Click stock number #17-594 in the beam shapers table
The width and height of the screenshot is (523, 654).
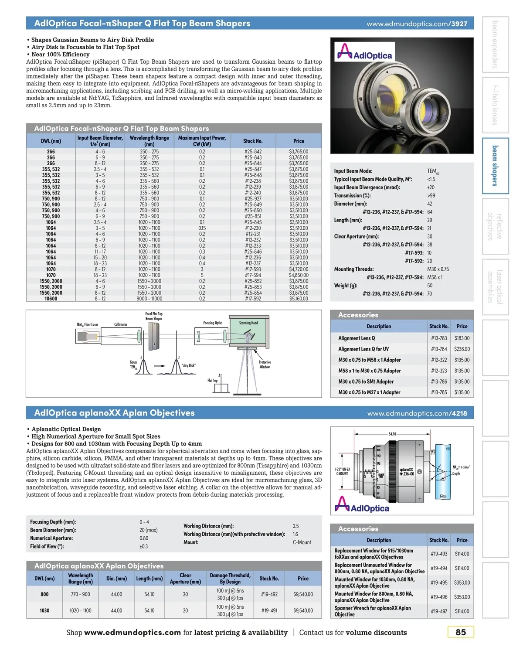click(x=253, y=275)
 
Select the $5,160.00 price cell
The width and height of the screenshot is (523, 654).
click(x=299, y=299)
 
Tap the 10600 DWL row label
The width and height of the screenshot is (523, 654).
click(x=51, y=299)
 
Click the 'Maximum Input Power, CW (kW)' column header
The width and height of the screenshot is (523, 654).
click(x=202, y=141)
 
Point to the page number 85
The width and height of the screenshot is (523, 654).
click(x=461, y=632)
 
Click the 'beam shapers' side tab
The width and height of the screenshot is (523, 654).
click(x=495, y=166)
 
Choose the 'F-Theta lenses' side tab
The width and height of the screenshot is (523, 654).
click(x=495, y=105)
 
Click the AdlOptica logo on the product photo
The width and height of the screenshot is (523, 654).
click(x=365, y=52)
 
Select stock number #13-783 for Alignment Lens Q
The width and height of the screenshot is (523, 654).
click(x=439, y=338)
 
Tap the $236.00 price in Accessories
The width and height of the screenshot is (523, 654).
click(x=462, y=349)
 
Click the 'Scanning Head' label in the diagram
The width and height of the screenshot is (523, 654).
click(x=248, y=323)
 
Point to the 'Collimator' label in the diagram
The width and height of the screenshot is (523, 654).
click(x=121, y=324)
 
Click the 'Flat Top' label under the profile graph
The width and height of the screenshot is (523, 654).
click(x=212, y=380)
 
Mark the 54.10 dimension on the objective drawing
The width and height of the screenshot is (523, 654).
click(x=392, y=434)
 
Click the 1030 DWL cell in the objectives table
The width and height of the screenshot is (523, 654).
click(x=44, y=610)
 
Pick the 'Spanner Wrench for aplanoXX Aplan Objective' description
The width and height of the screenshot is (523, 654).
click(x=373, y=611)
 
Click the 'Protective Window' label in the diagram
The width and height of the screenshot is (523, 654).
click(x=265, y=364)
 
